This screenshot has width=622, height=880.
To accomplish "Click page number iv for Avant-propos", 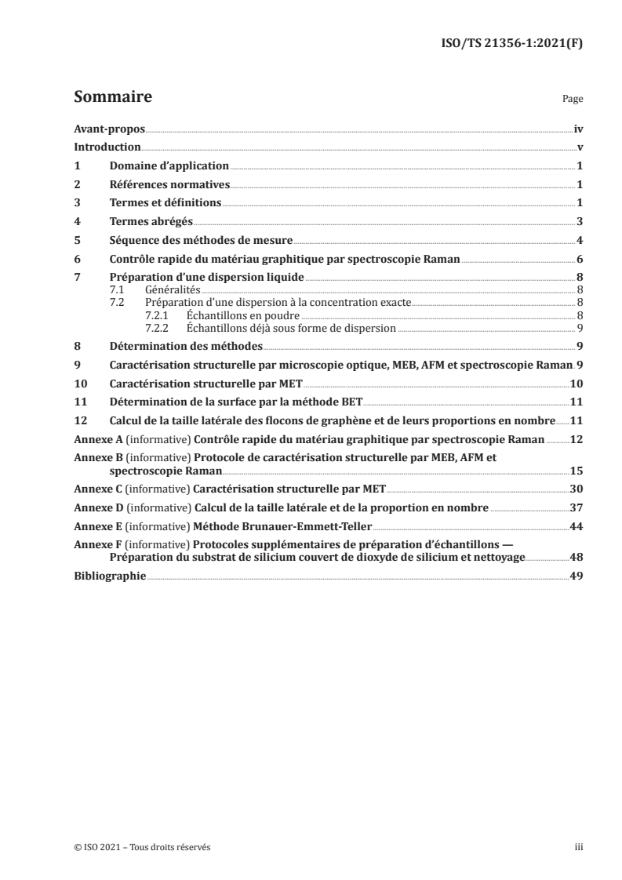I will click(577, 129).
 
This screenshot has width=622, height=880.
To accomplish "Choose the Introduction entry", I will click(107, 147).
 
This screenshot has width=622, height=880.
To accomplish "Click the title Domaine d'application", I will click(169, 166).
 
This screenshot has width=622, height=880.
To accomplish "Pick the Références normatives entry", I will click(169, 184).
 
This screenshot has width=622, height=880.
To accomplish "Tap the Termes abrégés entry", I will click(151, 221).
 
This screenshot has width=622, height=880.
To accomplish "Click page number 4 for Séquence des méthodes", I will click(578, 240).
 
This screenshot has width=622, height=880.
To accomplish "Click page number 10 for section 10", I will click(575, 383).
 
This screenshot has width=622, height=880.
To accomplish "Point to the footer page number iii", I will click(578, 847).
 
